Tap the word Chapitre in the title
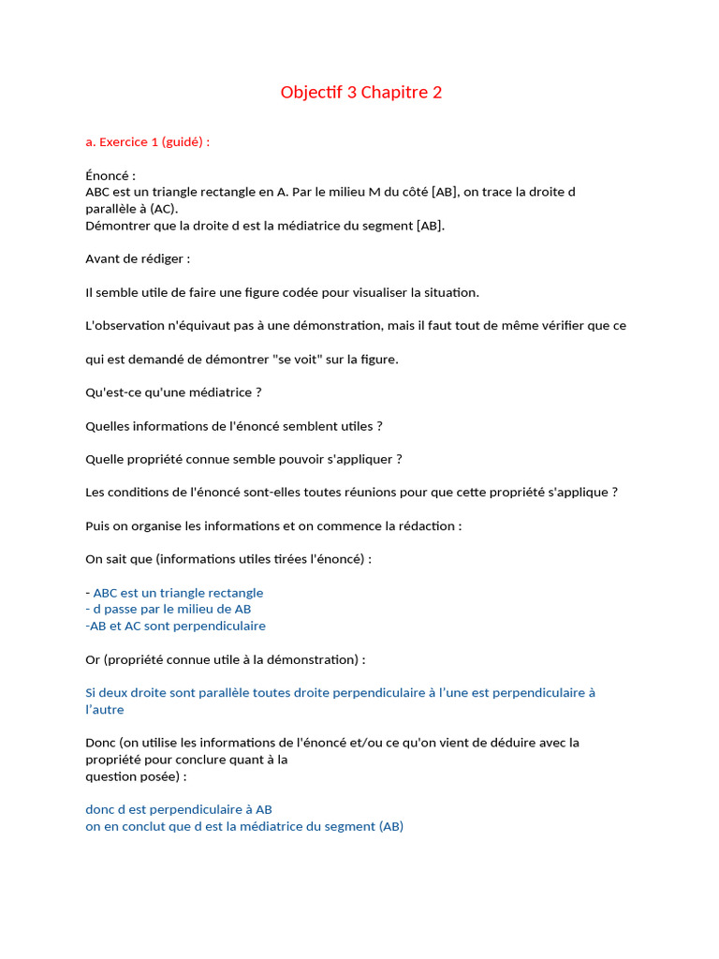tap(394, 92)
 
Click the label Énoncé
tap(109, 175)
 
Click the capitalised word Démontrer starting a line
tap(117, 226)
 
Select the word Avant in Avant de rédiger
tap(103, 258)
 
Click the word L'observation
tap(125, 326)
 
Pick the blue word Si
tap(91, 693)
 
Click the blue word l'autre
tap(105, 710)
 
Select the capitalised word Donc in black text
tap(101, 743)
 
